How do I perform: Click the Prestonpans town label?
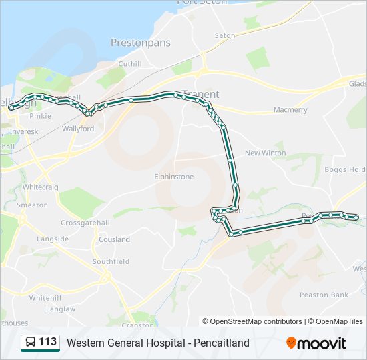pyautogui.click(x=140, y=43)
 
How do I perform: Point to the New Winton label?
pyautogui.click(x=265, y=153)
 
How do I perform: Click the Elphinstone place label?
pyautogui.click(x=173, y=177)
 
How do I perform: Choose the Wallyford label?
pyautogui.click(x=78, y=129)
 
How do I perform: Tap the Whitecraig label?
pyautogui.click(x=41, y=188)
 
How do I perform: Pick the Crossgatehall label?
pyautogui.click(x=85, y=223)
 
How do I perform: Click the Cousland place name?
pyautogui.click(x=114, y=239)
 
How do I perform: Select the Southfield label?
pyautogui.click(x=111, y=262)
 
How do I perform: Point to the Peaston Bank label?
pyautogui.click(x=324, y=295)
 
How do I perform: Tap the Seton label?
pyautogui.click(x=225, y=35)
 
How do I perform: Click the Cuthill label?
pyautogui.click(x=130, y=64)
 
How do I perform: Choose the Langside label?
pyautogui.click(x=53, y=239)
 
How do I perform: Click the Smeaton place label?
pyautogui.click(x=32, y=205)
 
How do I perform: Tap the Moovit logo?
pyautogui.click(x=316, y=343)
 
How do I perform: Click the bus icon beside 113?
pyautogui.click(x=29, y=343)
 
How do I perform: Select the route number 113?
pyautogui.click(x=47, y=343)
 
